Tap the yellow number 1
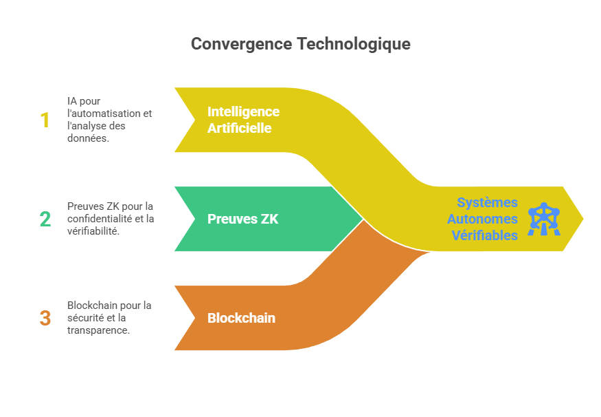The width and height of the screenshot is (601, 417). coord(45,120)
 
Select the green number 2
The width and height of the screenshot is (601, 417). coord(45,220)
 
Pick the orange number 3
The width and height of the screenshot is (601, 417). coord(45,319)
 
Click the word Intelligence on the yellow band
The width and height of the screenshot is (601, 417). coord(243,111)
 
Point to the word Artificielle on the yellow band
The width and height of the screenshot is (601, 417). coord(239,128)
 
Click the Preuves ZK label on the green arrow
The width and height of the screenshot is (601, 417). coord(242,220)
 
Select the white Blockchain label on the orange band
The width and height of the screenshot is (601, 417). coord(241,318)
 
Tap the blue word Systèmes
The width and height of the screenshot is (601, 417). coord(488,203)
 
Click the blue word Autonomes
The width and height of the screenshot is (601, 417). coord(482,220)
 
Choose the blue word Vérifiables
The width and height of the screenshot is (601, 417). coord(484,236)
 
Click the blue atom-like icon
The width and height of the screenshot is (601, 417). coord(544,220)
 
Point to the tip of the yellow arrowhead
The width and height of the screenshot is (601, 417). coord(584,219)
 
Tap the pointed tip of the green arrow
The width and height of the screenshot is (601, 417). coord(363,219)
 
